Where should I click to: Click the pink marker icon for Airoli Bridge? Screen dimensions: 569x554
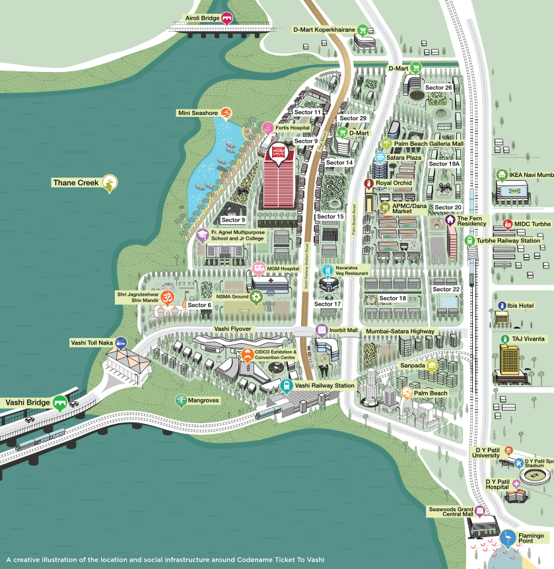(227, 18)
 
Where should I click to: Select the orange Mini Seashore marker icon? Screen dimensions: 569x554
(226, 113)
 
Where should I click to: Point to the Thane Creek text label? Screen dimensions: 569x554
(75, 182)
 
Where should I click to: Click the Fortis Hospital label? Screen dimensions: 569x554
(293, 128)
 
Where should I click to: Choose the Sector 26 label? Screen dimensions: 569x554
(438, 88)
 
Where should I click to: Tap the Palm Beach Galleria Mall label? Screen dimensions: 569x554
(429, 143)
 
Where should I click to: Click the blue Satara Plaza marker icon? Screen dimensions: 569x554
(380, 157)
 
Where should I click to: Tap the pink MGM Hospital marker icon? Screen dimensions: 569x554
(258, 269)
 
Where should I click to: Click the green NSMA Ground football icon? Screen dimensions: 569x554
(256, 297)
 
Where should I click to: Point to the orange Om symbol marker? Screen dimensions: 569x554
(166, 296)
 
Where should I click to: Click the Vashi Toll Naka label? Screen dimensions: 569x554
(91, 343)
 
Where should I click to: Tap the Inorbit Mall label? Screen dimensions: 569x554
(343, 330)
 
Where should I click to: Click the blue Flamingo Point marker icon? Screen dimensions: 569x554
(507, 539)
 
